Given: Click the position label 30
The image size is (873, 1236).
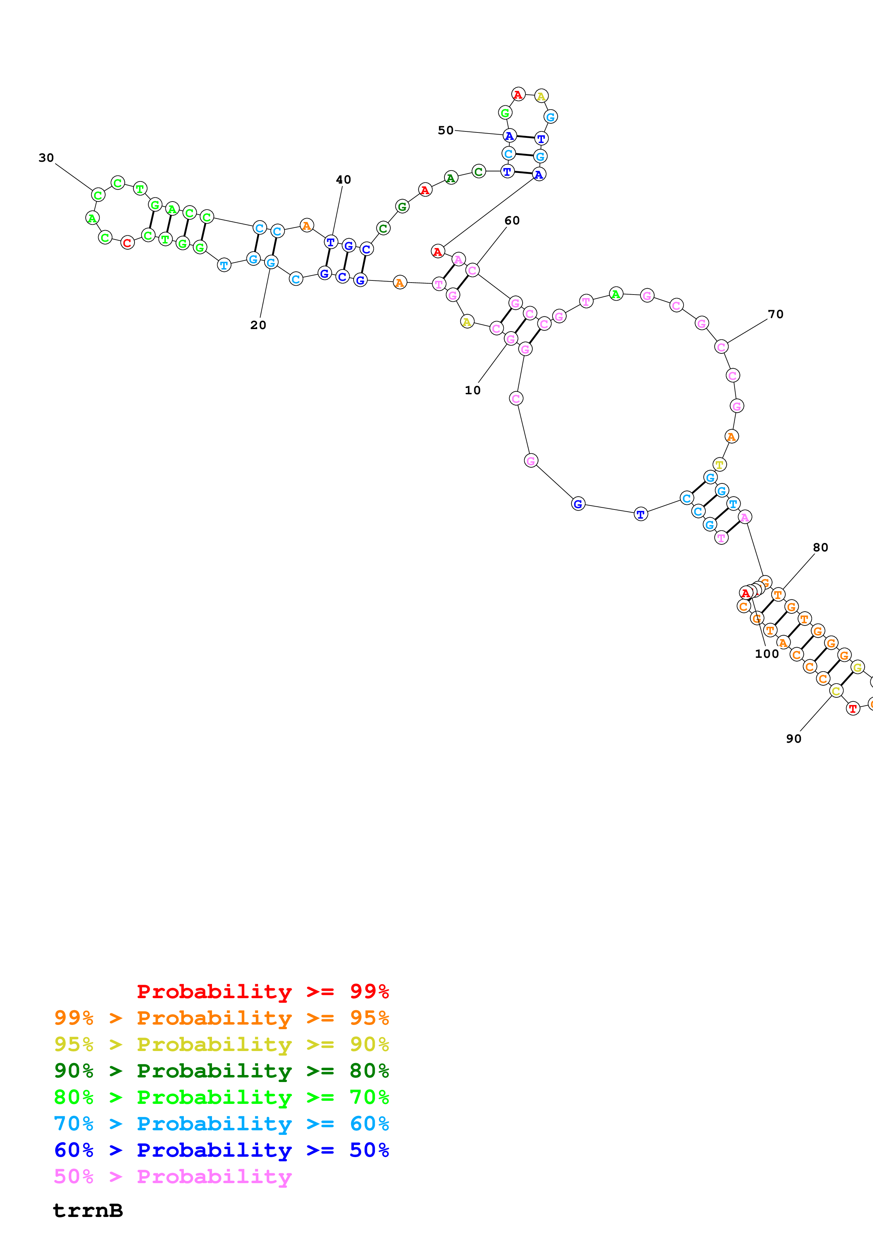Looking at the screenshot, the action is (x=46, y=158).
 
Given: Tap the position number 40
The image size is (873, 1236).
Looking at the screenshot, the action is (x=343, y=180).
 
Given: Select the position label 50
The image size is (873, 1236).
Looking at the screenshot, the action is (x=445, y=130).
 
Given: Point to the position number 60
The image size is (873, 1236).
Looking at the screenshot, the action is (x=512, y=221).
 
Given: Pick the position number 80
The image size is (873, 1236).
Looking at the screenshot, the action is (x=820, y=548).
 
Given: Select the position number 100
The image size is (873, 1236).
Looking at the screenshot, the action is (x=767, y=654).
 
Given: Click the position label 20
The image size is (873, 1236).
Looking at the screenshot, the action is (x=258, y=325).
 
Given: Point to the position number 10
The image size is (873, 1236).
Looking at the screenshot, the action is (x=472, y=390).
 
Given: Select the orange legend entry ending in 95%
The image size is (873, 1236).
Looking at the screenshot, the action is (x=221, y=1018).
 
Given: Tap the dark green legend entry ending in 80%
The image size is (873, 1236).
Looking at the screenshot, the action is (x=221, y=1071).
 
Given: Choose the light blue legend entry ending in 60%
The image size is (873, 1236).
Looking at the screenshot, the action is (x=221, y=1124).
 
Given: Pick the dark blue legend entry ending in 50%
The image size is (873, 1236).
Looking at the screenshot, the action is (x=221, y=1150).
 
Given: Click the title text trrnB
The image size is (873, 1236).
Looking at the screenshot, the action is (x=88, y=1211).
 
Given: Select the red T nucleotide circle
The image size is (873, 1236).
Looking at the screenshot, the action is (x=853, y=709).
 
